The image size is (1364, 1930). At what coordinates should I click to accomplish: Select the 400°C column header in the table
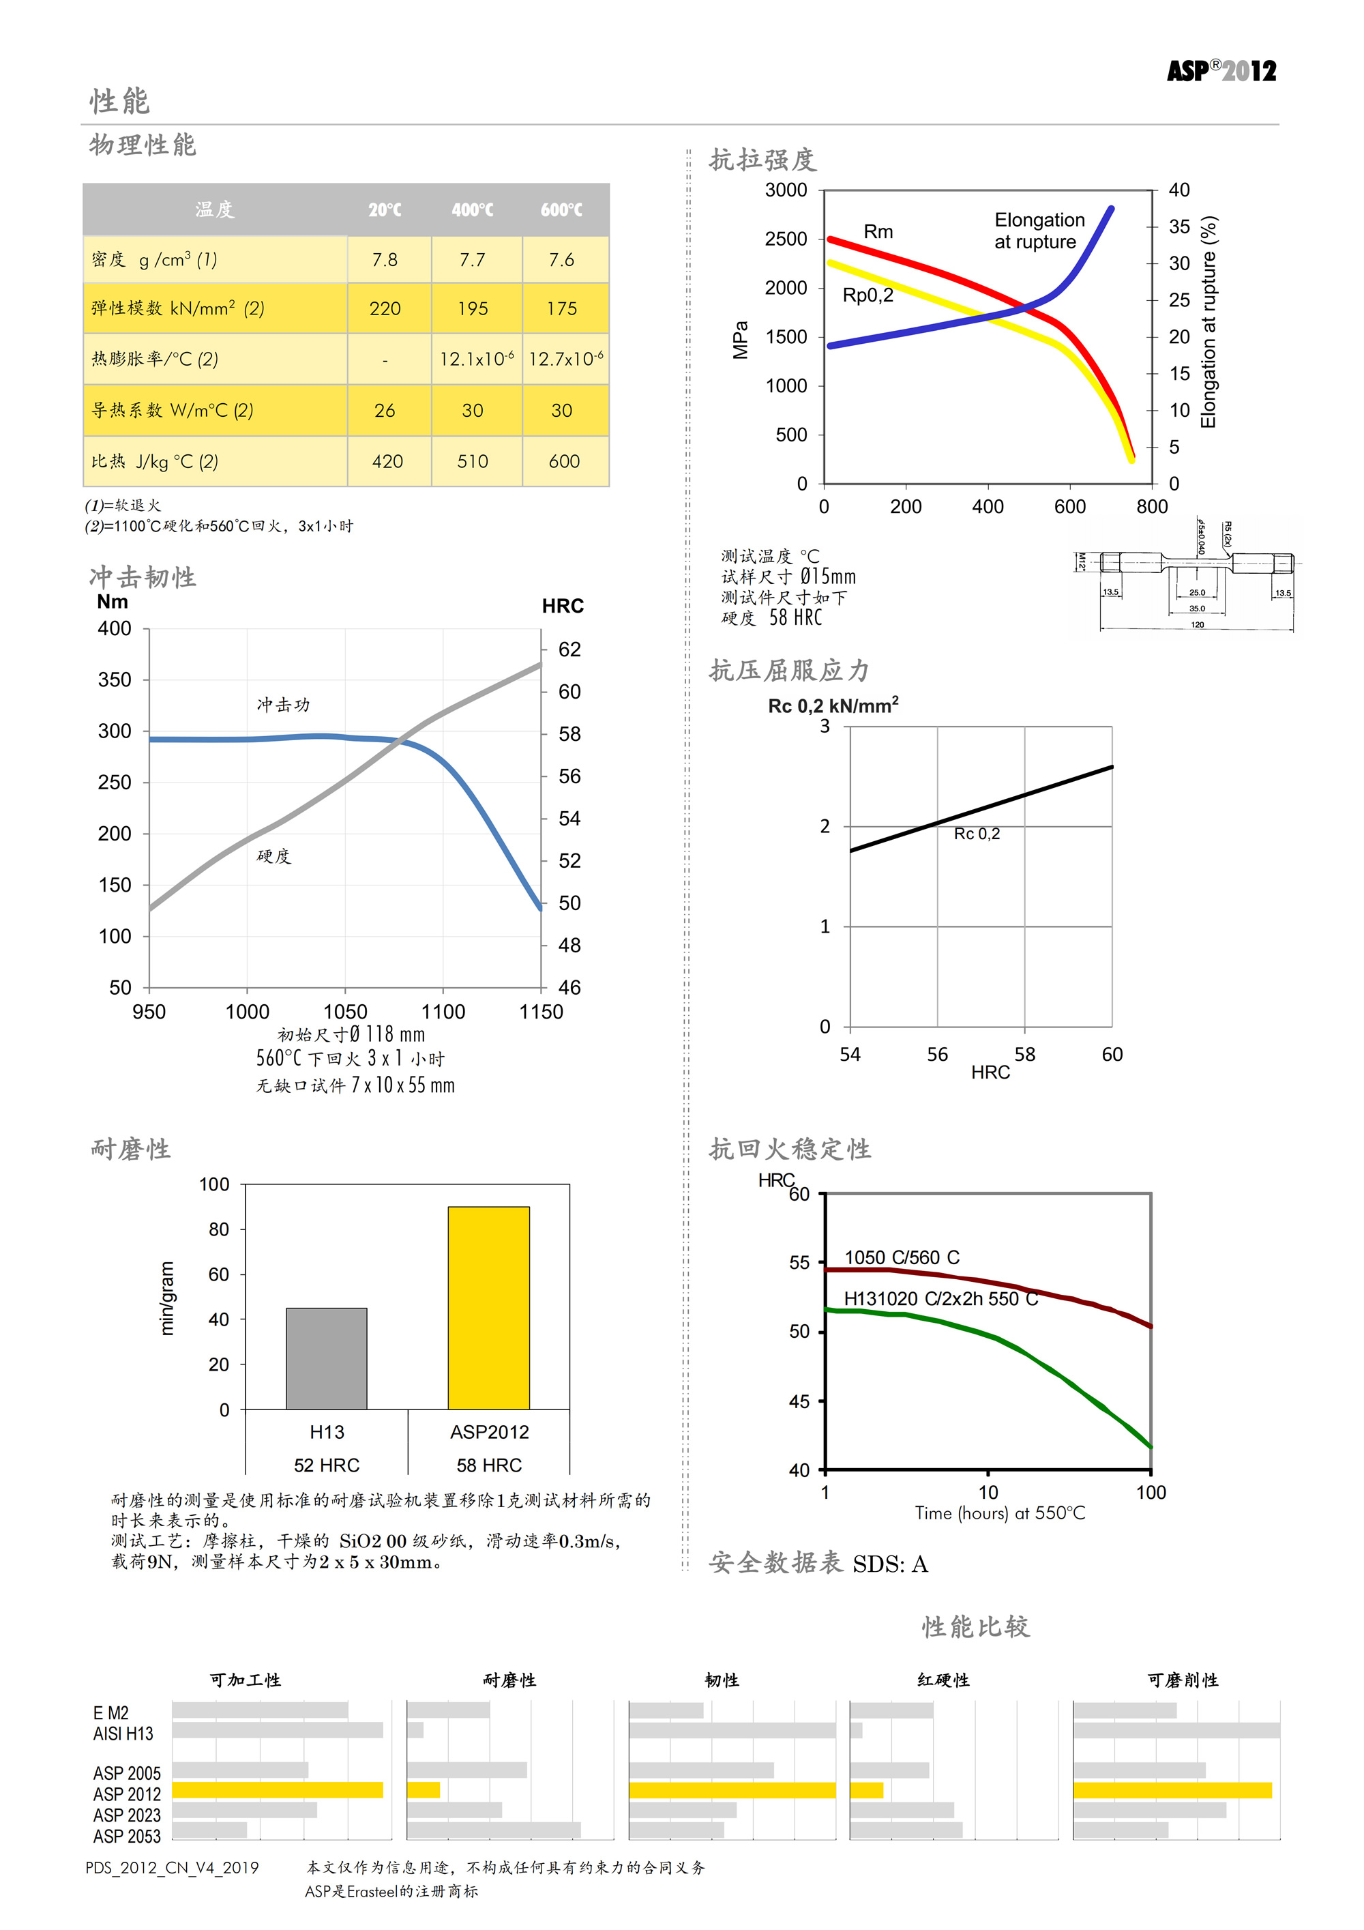(x=473, y=210)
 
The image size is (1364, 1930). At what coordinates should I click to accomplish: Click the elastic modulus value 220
(x=385, y=309)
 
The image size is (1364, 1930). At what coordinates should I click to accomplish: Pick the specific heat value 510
(x=473, y=461)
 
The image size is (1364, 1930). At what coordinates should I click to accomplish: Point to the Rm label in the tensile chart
(x=878, y=232)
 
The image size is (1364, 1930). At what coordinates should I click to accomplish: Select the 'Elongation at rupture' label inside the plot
(x=1039, y=231)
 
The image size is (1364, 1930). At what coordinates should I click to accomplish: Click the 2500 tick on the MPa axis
(x=786, y=239)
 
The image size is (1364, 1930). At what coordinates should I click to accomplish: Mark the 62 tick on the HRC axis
(x=569, y=649)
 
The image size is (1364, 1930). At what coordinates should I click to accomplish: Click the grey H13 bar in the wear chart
(x=326, y=1358)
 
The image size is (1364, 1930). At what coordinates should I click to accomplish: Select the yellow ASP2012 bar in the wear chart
(x=488, y=1308)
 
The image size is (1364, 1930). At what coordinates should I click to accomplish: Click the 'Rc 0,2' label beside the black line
(x=977, y=834)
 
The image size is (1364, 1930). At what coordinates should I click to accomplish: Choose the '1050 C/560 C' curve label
(x=901, y=1257)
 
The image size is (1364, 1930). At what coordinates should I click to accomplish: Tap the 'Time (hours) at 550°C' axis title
(x=1000, y=1514)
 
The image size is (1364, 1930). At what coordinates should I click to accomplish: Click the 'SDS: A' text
(x=890, y=1564)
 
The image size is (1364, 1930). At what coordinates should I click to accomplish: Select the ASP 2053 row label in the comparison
(x=127, y=1837)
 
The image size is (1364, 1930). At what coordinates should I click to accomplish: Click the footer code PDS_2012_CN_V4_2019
(x=173, y=1868)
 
